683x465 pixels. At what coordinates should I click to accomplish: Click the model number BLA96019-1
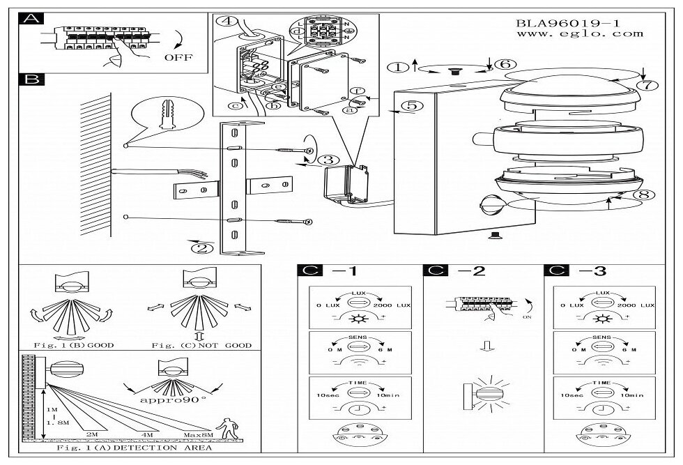(567, 22)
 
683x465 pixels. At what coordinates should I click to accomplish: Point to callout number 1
(398, 68)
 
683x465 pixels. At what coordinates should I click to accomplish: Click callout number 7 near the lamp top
(647, 86)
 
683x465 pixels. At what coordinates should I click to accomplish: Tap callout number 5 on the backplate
(410, 106)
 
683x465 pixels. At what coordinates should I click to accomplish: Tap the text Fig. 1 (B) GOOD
(74, 345)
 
